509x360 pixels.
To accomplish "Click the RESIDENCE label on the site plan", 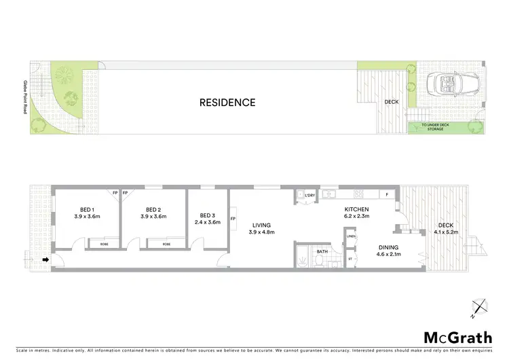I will (x=227, y=103).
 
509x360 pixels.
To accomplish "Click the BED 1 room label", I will (x=87, y=209).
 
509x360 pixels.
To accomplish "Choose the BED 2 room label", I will (x=153, y=209).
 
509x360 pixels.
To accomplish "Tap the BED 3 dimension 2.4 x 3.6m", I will (x=208, y=221).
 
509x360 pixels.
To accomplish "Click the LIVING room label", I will (x=261, y=226).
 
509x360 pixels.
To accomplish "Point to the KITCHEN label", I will (x=356, y=209).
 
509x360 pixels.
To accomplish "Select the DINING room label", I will (x=389, y=247).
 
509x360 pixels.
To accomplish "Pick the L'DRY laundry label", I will (x=309, y=196).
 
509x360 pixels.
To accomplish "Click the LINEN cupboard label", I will (x=351, y=236).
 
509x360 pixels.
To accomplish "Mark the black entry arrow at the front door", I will (x=45, y=259).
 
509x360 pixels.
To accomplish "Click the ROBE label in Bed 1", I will (x=104, y=243).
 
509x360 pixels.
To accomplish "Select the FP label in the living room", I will (x=233, y=219).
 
